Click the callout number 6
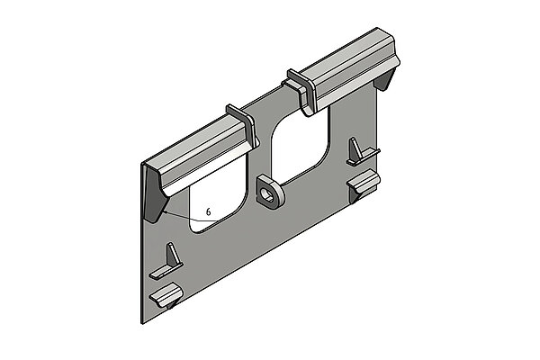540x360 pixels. (208, 211)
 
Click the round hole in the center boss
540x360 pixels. (267, 193)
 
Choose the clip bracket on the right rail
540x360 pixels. (301, 91)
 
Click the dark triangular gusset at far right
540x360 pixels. (385, 81)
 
